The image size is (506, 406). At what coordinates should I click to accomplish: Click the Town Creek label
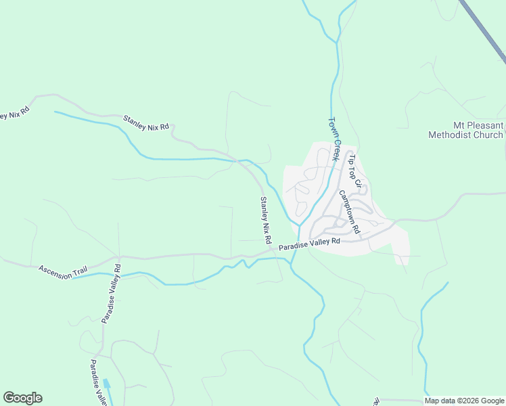[x=333, y=139]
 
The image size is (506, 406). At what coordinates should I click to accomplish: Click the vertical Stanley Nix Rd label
[x=266, y=221]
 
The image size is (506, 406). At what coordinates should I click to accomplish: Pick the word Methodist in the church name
[x=451, y=135]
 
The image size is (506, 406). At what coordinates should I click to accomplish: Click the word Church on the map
[x=489, y=135]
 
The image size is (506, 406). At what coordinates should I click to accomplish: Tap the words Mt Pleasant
[x=478, y=126]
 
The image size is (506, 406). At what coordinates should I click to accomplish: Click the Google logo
[x=22, y=398]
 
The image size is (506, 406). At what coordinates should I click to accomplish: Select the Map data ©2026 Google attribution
[x=465, y=401]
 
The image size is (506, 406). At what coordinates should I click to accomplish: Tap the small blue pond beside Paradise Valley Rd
[x=107, y=384]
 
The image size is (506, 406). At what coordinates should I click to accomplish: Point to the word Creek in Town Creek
[x=336, y=150]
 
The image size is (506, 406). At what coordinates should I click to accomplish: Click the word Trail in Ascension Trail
[x=78, y=272]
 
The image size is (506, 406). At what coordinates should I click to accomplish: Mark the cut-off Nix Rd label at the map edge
[x=14, y=113]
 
